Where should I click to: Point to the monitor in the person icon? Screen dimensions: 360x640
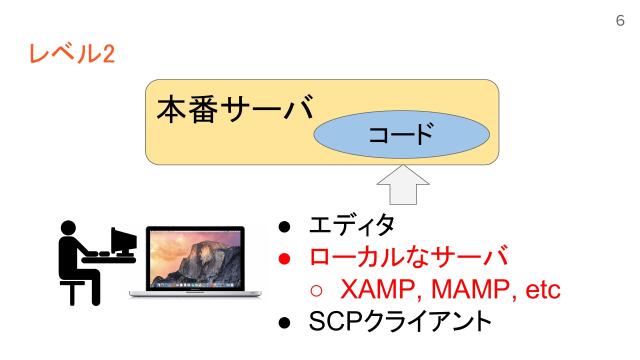tap(122, 240)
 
